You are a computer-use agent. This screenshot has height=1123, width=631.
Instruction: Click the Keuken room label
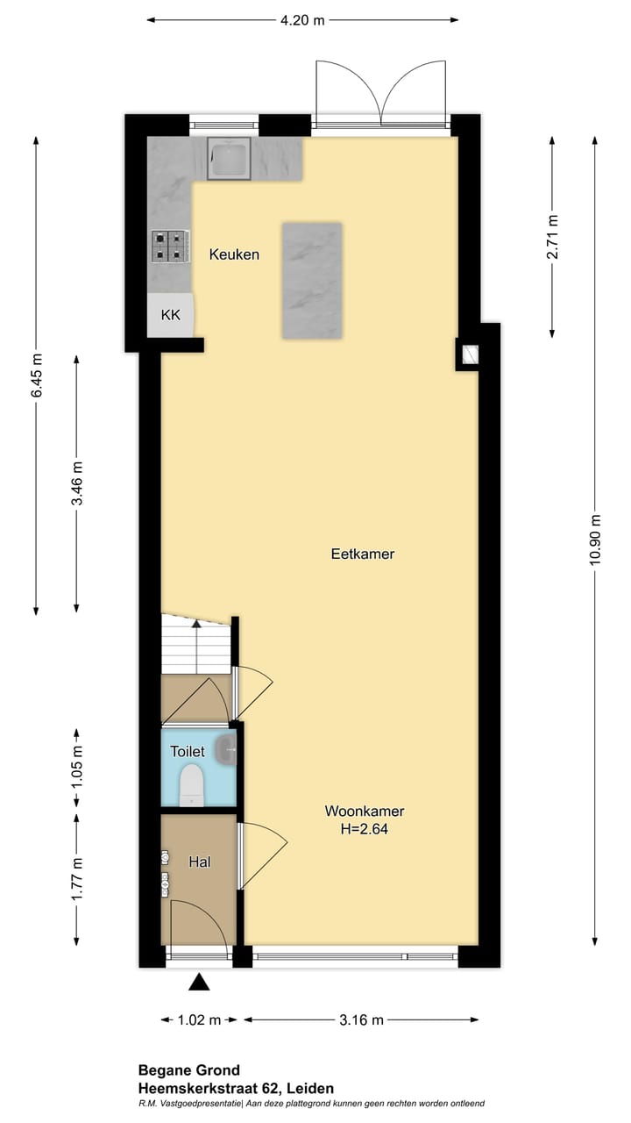tap(234, 254)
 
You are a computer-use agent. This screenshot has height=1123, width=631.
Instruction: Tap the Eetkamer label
tap(363, 554)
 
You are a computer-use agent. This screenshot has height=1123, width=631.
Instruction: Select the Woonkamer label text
tap(364, 811)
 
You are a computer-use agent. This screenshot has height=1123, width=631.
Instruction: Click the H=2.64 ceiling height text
tap(364, 829)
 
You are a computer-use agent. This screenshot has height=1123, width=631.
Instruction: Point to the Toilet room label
tap(188, 751)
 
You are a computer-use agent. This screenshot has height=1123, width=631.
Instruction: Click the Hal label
tap(199, 862)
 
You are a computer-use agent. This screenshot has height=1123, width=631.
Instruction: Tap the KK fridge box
tap(170, 315)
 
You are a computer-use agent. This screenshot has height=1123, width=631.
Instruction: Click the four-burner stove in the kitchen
tap(170, 247)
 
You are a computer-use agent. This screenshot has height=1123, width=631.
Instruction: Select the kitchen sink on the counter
tap(229, 158)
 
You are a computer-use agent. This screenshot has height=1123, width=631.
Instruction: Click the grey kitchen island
tap(312, 281)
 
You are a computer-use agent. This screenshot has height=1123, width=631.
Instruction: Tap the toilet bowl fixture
tap(192, 785)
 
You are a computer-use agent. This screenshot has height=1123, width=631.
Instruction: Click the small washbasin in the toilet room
tap(226, 749)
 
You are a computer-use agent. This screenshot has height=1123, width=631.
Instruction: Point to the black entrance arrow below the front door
tap(199, 982)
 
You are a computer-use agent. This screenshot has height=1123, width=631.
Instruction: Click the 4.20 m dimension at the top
tap(302, 20)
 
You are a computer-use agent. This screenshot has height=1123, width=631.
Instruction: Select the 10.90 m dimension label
tap(595, 540)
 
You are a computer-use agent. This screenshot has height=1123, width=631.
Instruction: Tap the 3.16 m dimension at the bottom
tap(361, 1019)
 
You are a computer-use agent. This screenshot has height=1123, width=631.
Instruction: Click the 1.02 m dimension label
tap(199, 1019)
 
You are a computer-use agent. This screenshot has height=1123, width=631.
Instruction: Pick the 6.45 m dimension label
tap(37, 376)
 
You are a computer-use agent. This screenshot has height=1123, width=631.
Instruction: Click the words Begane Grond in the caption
tap(188, 1070)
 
